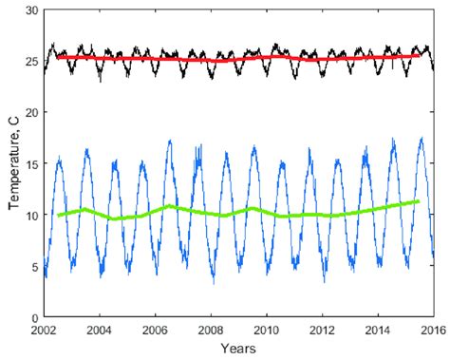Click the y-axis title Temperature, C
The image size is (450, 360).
tap(13, 162)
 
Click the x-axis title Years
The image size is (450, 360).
tap(238, 351)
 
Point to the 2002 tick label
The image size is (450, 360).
tap(44, 331)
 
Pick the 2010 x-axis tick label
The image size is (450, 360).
tap(266, 331)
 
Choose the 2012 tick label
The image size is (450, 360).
tap(322, 331)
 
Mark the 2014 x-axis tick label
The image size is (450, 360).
tap(377, 331)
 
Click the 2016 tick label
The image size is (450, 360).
tap(432, 331)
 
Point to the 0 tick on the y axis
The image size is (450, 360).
tap(34, 317)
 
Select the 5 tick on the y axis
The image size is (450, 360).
tap(34, 266)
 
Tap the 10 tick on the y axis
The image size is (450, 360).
tap(31, 215)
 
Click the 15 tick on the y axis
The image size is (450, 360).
tap(31, 163)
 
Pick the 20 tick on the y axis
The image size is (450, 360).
tap(31, 112)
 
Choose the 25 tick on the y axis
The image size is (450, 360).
tap(31, 61)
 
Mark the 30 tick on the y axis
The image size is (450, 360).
tap(31, 9)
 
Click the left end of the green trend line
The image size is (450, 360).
tap(59, 215)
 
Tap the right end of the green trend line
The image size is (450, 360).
tap(419, 200)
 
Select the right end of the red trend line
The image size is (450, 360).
tap(419, 55)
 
